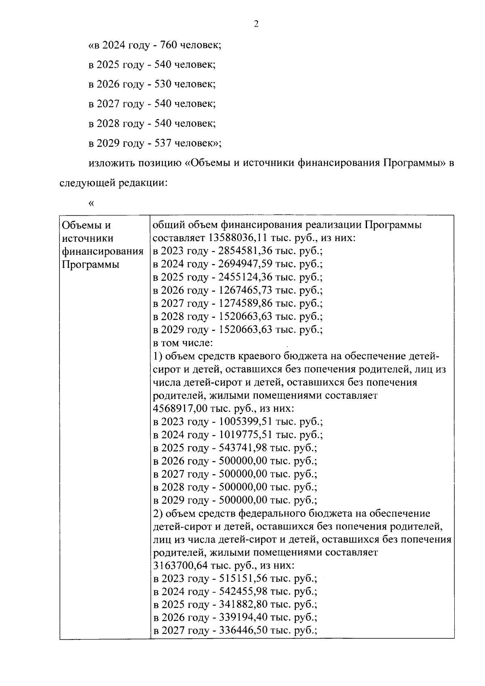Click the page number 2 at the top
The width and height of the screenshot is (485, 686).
click(256, 24)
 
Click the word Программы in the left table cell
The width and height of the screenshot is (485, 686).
click(91, 265)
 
